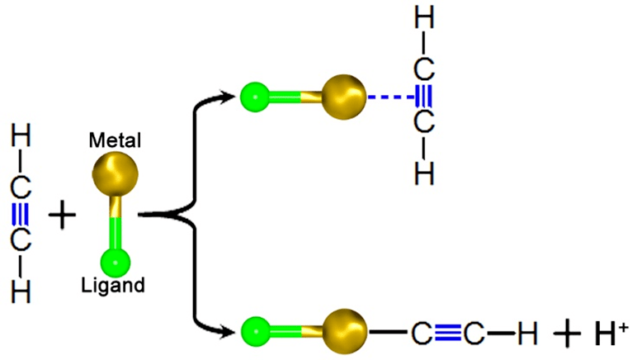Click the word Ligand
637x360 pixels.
(x=114, y=287)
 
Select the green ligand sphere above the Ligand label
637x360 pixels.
(x=116, y=262)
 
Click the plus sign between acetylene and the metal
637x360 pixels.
(x=62, y=217)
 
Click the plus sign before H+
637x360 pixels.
(x=567, y=334)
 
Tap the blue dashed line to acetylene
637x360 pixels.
(x=390, y=98)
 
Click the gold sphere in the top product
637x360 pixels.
(x=343, y=97)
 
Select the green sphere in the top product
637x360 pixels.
(x=255, y=97)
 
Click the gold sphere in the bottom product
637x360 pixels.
(x=343, y=332)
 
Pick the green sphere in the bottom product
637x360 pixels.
(x=255, y=332)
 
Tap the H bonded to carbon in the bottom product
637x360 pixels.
(x=526, y=334)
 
